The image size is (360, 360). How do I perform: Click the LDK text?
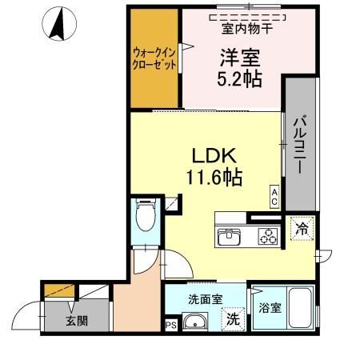211,156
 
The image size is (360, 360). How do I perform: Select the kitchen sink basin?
230,236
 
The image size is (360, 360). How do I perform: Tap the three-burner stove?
267,236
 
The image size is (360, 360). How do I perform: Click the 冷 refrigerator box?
303,226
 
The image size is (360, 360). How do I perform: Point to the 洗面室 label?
206,300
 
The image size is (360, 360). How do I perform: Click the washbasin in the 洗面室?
194,323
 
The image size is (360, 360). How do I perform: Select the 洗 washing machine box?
231,318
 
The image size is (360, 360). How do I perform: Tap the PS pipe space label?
170,325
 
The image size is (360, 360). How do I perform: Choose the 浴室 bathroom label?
266,305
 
